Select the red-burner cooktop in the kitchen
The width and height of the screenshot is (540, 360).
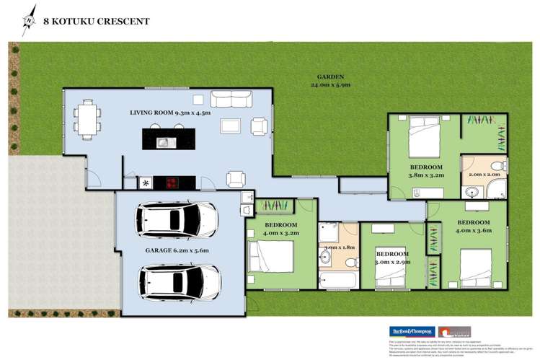[x=174, y=183]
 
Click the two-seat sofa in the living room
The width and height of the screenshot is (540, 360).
[x=231, y=100]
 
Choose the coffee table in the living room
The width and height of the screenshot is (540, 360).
[x=231, y=126]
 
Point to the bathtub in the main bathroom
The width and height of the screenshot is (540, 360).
[x=337, y=278]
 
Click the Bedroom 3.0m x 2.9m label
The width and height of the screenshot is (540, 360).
[x=392, y=258]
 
